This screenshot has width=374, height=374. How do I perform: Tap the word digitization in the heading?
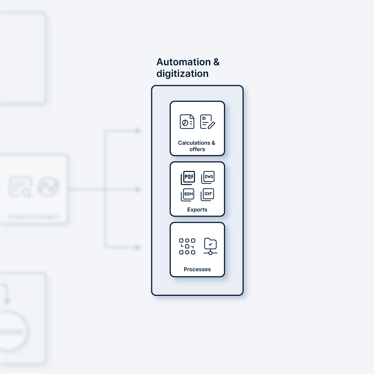182,73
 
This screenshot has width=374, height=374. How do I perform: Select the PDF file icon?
188,178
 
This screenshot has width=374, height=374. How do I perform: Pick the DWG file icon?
208,177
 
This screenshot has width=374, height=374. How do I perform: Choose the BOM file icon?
188,195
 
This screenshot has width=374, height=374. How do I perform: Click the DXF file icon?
207,194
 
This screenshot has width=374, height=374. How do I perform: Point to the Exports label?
197,210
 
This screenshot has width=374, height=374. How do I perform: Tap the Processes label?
197,270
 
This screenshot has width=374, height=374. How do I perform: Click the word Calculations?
194,143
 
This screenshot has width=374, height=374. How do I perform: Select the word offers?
197,149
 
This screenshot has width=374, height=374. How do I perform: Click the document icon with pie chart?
187,122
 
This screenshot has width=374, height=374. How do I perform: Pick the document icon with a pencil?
207,122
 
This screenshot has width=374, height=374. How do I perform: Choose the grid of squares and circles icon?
187,246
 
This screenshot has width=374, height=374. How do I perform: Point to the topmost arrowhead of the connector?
138,130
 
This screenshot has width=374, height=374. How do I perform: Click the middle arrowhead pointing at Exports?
138,189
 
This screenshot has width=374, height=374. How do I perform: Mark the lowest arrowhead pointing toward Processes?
138,247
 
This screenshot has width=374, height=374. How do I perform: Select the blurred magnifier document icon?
20,187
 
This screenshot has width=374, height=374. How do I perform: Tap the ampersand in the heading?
216,62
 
